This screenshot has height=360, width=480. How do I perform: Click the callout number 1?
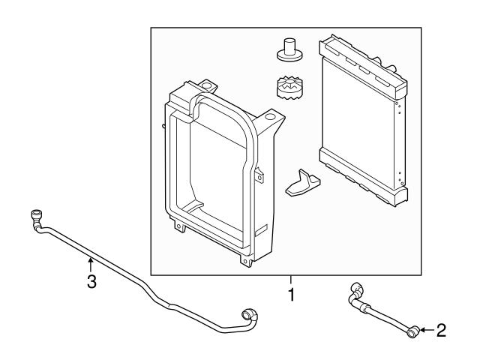point(292,294)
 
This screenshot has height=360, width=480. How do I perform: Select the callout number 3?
point(91,283)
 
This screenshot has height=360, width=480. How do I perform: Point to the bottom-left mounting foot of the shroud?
point(179,224)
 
